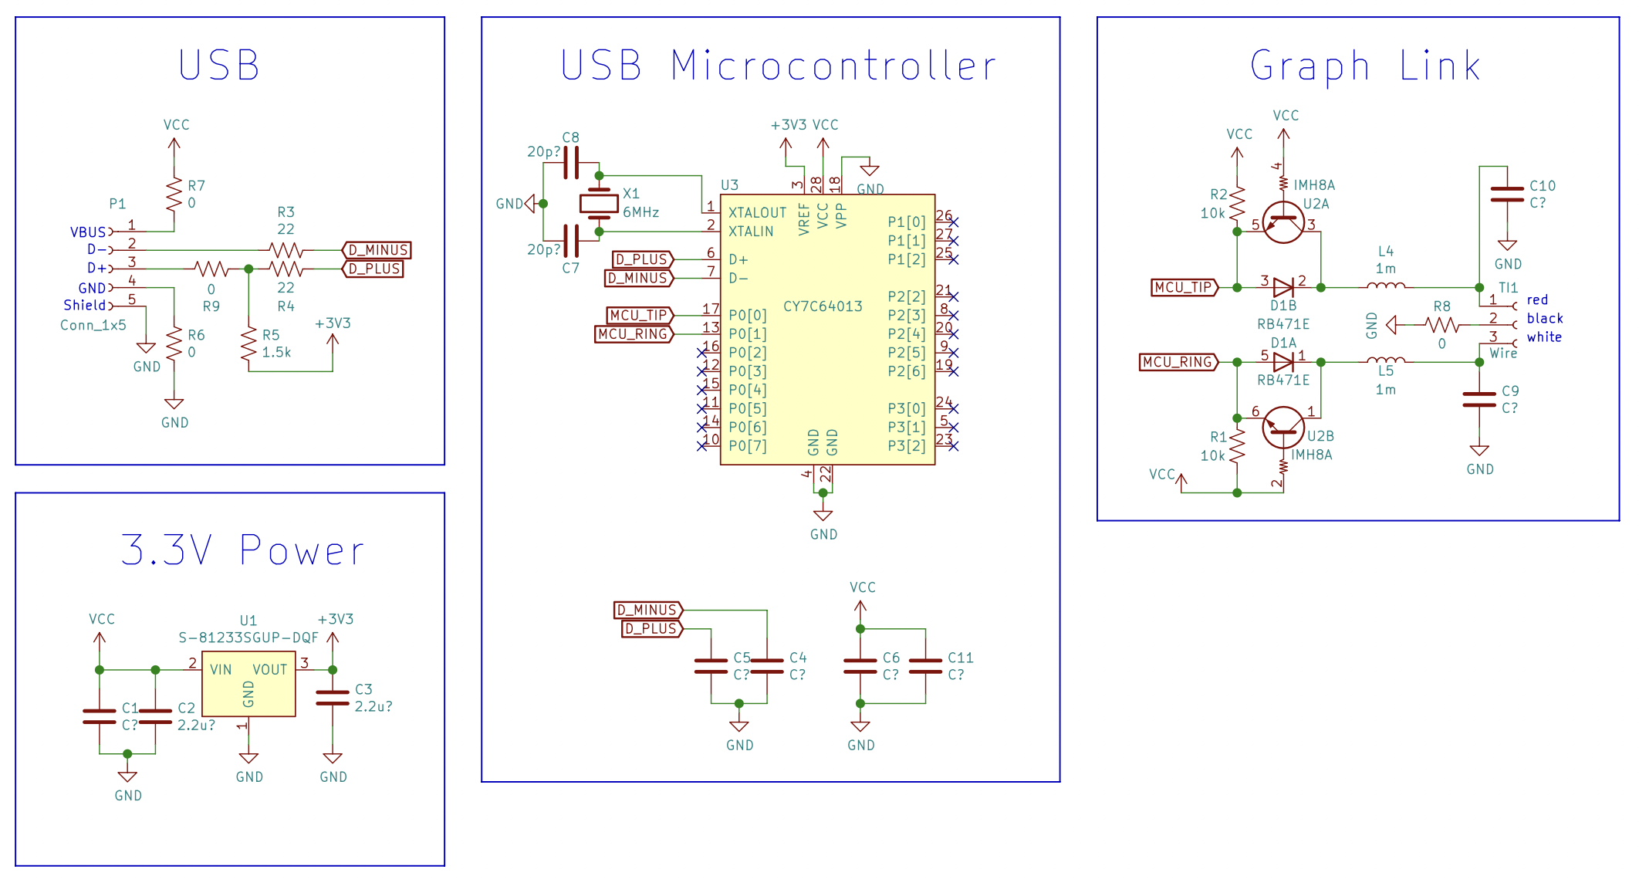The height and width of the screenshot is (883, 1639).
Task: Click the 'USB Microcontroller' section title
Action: coord(778,65)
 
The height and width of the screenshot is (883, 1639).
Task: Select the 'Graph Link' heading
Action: coord(1365,66)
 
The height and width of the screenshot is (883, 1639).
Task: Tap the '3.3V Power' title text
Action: coord(242,550)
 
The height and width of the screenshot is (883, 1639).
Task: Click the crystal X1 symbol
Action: coord(599,203)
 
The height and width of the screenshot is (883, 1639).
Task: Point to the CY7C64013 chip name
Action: coord(823,306)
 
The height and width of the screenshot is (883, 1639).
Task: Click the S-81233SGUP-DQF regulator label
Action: coord(248,638)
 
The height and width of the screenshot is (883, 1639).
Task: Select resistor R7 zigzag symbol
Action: coord(174,194)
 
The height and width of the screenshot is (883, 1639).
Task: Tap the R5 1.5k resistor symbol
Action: coord(248,343)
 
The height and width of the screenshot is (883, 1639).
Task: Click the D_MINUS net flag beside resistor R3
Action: coord(377,250)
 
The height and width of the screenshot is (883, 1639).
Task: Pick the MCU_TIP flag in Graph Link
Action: coord(1184,287)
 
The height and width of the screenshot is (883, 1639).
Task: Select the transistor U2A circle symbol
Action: coord(1283,222)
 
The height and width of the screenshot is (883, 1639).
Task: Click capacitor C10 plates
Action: coord(1507,194)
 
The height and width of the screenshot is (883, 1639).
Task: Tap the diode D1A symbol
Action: coord(1283,362)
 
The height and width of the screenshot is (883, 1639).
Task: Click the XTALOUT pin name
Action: coord(757,213)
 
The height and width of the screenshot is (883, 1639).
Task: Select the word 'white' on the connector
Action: coord(1544,337)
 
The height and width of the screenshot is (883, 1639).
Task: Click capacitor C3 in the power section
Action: coord(333,698)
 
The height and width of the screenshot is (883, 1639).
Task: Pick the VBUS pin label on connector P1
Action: coord(88,232)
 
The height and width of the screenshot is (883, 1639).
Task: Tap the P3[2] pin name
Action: coord(906,446)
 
